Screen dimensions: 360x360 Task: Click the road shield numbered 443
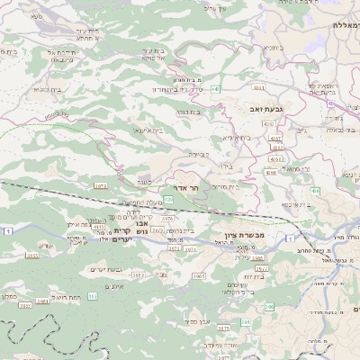[216, 89]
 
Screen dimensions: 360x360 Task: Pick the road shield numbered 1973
[99, 185]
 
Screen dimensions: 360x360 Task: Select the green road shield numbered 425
[168, 199]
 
